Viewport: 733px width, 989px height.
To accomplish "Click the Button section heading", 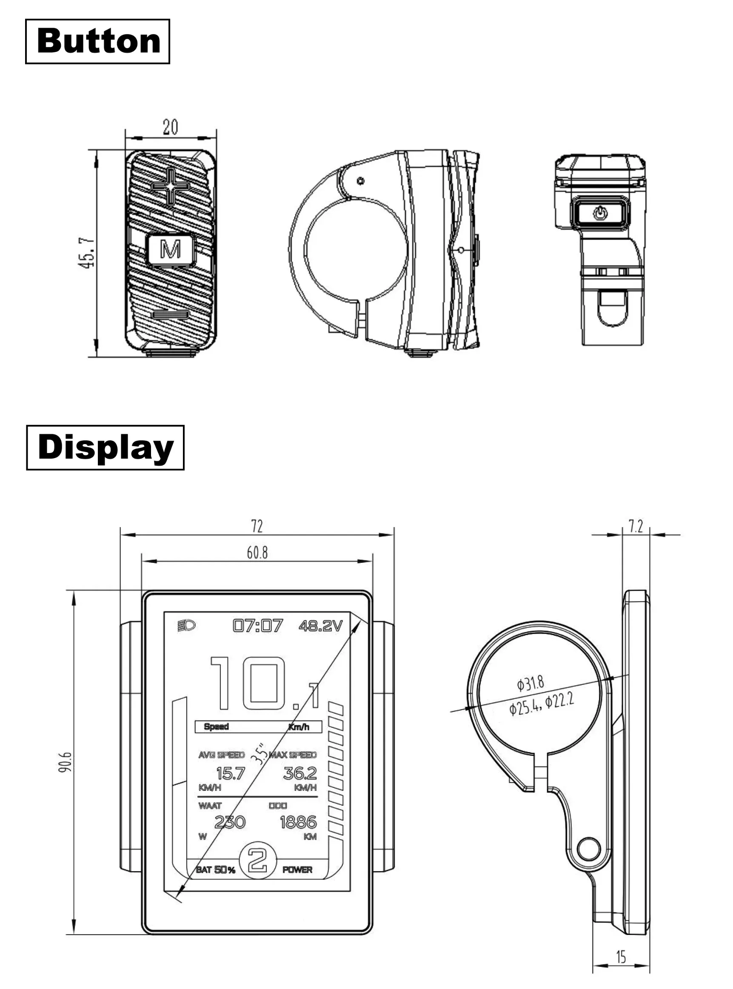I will click(97, 41).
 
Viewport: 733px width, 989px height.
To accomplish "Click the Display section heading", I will click(105, 447).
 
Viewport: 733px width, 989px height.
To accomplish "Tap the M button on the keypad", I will click(171, 249).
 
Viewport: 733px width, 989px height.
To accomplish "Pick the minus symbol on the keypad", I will click(171, 315).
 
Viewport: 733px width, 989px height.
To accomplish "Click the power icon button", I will click(600, 214).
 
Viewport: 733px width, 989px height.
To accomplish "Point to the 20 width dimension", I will click(171, 127).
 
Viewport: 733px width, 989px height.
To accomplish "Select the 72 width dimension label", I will click(257, 526).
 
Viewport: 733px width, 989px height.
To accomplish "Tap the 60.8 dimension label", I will click(257, 553).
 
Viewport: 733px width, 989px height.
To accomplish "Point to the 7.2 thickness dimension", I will click(636, 526).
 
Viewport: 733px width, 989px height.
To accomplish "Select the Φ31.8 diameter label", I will click(530, 683).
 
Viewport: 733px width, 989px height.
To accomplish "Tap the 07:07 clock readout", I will click(257, 626).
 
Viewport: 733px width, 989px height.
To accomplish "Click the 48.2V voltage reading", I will click(320, 626).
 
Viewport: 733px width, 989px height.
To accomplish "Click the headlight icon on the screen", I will click(186, 626).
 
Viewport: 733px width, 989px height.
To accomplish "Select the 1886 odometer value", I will click(298, 822).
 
